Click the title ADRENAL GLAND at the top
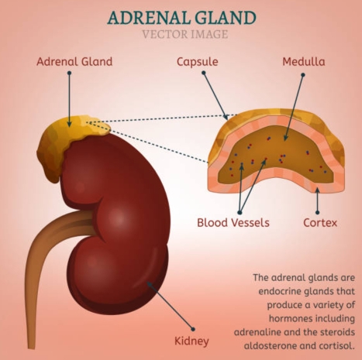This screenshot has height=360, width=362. point(181,18)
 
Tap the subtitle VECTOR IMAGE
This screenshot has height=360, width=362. point(185,34)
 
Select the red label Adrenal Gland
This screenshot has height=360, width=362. point(74,61)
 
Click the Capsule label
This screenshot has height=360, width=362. point(198,62)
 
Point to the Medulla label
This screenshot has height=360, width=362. point(304,62)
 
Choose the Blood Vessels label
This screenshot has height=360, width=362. point(233,222)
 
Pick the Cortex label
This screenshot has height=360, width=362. point(320,222)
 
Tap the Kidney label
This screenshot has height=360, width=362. point(191,341)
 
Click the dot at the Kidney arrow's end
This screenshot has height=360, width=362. point(193,329)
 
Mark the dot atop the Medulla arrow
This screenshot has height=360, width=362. point(303,75)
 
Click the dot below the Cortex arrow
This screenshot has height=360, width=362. point(318,212)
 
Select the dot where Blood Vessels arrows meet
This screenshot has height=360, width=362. point(240,212)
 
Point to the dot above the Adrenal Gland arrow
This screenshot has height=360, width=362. point(69,73)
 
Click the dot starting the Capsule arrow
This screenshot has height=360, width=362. point(204,73)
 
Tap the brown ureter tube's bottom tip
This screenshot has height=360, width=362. point(32,348)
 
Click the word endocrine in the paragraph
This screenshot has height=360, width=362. point(279,291)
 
